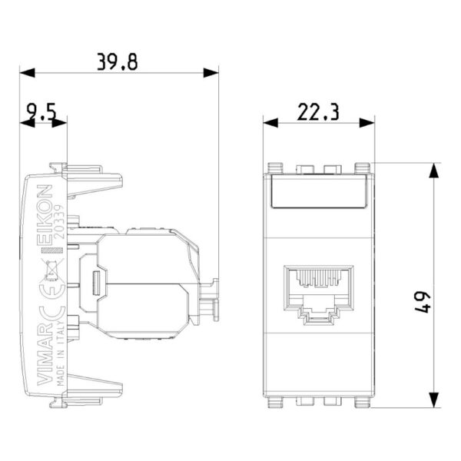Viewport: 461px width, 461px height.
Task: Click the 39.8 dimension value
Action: coord(118,62)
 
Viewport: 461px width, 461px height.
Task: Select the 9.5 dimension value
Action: coord(41,113)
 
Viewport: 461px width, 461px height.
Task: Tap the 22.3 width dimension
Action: coord(318,112)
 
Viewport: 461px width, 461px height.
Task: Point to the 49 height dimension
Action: coord(423,303)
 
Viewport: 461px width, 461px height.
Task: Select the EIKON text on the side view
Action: coord(45,215)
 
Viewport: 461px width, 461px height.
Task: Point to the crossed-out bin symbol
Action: coord(52,270)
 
